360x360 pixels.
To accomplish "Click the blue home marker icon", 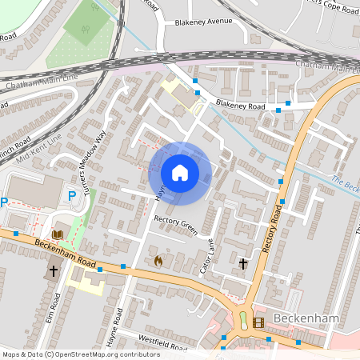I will (x=180, y=172).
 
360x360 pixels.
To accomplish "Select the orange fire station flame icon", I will (x=158, y=261).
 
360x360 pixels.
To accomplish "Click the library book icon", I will (x=58, y=234).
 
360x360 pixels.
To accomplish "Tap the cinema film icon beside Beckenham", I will (x=258, y=322).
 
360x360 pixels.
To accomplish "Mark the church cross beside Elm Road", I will (x=54, y=271).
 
